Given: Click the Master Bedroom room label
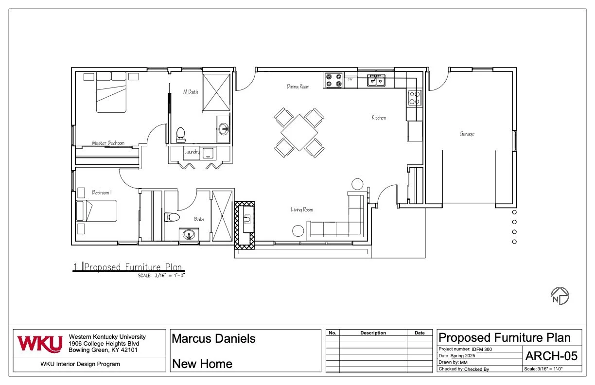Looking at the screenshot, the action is click(108, 143).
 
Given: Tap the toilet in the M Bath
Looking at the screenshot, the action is click(181, 135).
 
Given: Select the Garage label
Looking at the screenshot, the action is click(467, 134).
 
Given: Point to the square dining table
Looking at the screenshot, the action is click(299, 133).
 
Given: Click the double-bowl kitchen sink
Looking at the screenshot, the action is click(376, 80).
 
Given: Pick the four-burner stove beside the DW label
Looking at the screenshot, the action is click(333, 80).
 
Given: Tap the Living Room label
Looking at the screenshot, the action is click(301, 210).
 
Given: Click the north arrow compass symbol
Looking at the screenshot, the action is click(560, 296).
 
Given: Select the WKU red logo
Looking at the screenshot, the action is click(40, 344).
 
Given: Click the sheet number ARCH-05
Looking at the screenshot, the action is click(551, 356).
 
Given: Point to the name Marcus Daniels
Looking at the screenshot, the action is click(213, 338).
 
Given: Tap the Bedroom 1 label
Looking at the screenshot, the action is click(102, 192).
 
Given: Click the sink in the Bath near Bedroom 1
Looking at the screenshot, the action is click(189, 235).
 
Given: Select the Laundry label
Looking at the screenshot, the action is click(192, 152).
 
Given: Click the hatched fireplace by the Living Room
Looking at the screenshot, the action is click(245, 226).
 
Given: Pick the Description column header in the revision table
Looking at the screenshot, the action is click(373, 332).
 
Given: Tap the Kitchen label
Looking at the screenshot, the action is click(379, 118).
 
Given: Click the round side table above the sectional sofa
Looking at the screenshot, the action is click(357, 184).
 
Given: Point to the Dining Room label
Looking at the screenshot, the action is click(298, 87).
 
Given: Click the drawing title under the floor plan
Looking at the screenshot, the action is click(133, 267).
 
